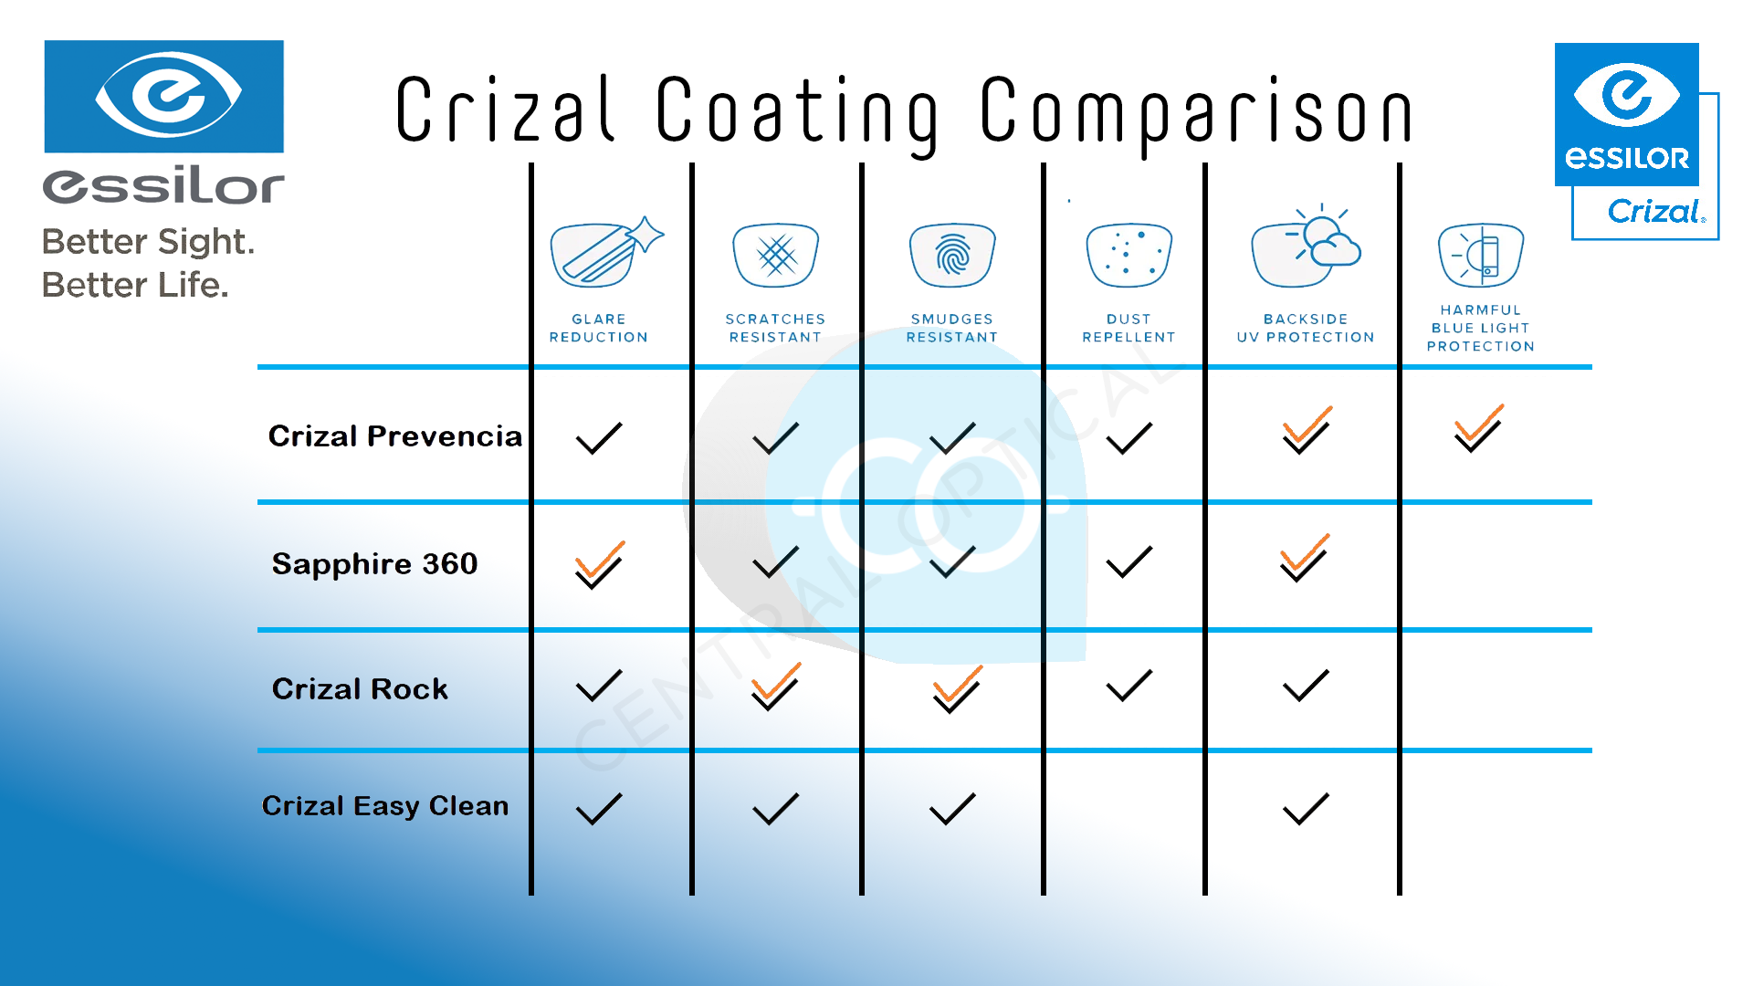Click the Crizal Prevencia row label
[x=394, y=436]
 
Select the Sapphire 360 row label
[x=374, y=564]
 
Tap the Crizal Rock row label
[x=360, y=689]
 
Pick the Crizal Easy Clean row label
[x=384, y=806]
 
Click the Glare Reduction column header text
[x=599, y=328]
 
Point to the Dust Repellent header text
[x=1128, y=328]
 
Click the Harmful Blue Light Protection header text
[x=1480, y=328]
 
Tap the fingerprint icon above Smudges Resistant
[x=952, y=255]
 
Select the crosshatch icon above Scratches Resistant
[x=776, y=255]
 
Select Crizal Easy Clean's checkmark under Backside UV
[x=1306, y=809]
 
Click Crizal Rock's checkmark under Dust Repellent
[x=1128, y=686]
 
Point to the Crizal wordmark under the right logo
[x=1654, y=212]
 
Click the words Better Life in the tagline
[x=135, y=285]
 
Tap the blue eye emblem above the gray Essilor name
[x=164, y=96]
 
